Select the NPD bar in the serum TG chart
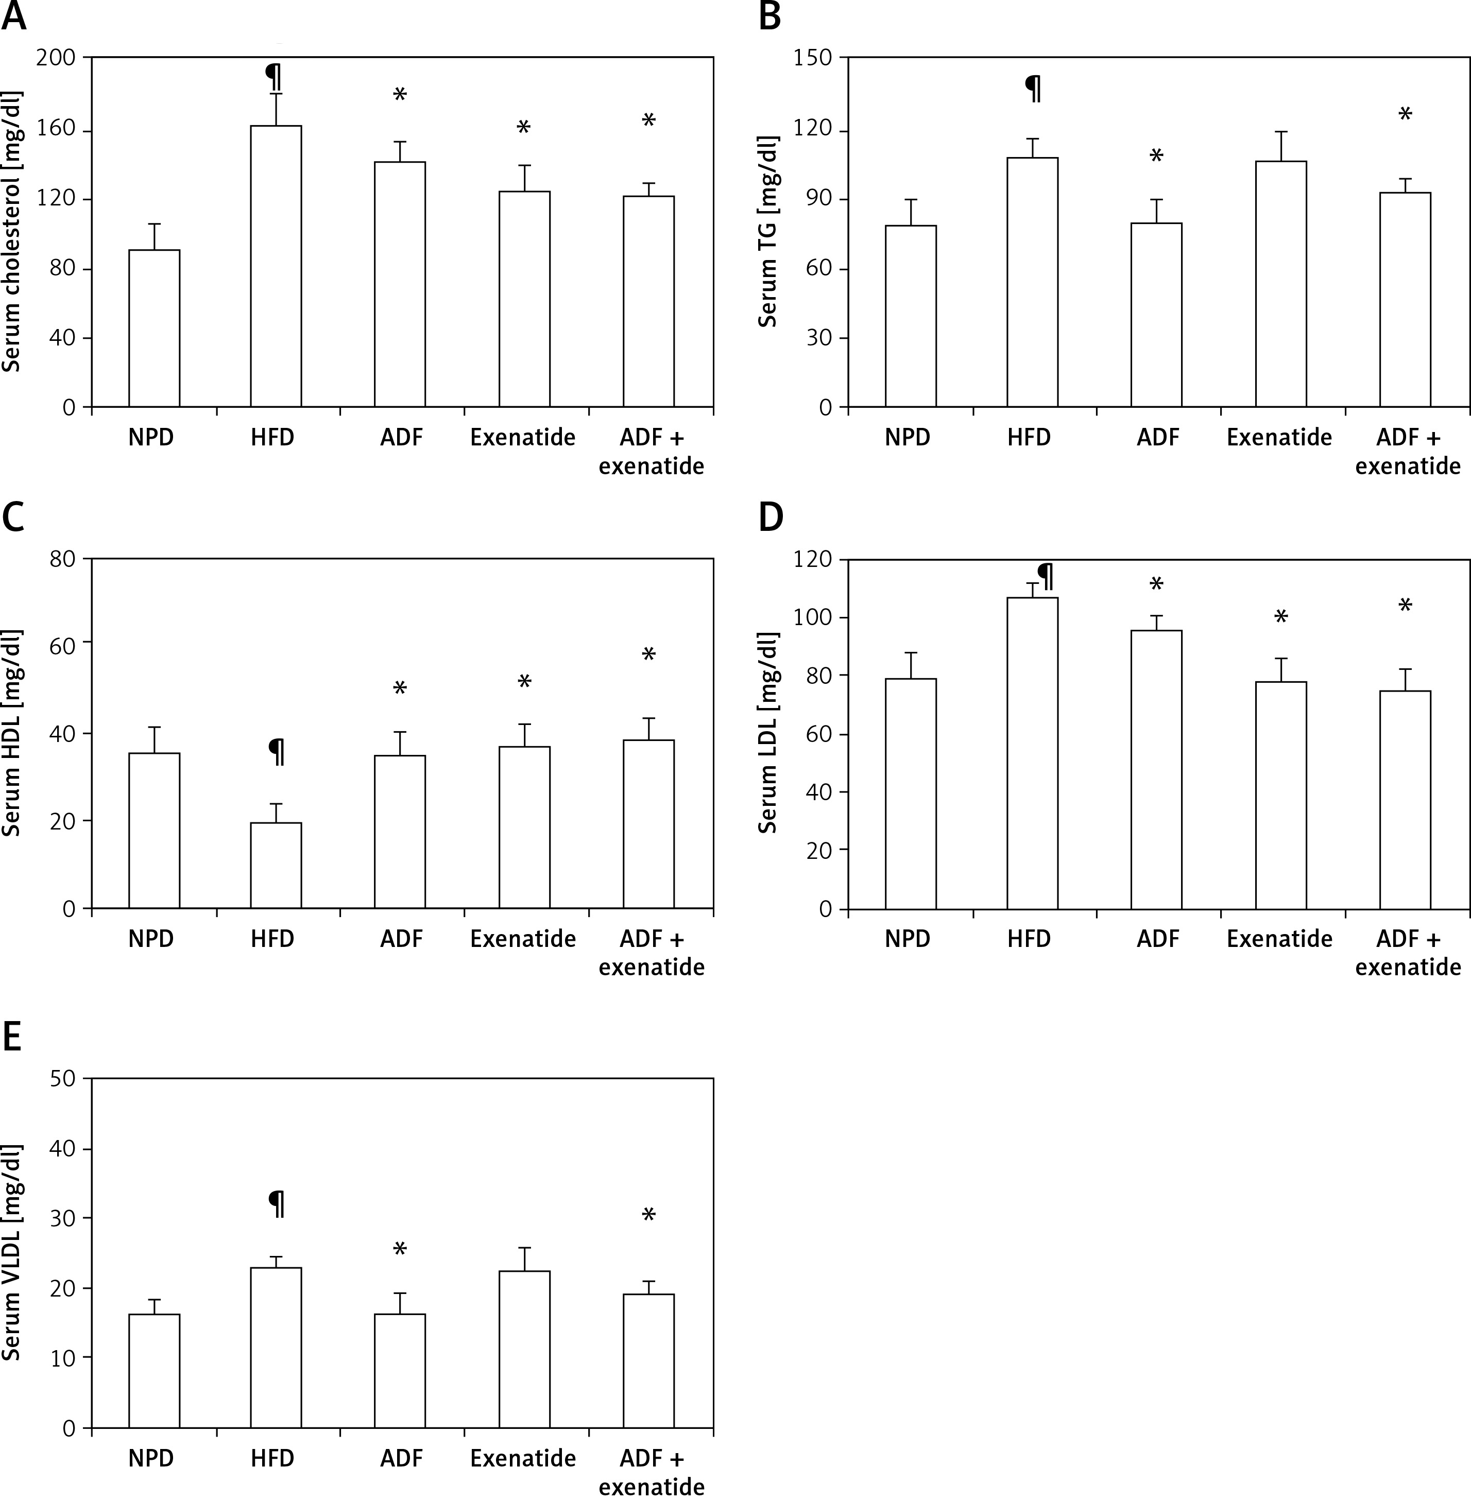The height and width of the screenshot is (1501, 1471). pos(910,316)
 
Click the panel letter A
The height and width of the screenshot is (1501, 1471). pos(14,17)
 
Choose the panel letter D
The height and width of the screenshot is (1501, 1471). pos(771,517)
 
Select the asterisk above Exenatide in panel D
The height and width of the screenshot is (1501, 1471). pos(1280,617)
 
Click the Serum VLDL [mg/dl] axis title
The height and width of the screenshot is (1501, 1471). pos(11,1251)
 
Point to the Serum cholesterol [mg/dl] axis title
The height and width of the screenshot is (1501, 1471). pos(11,232)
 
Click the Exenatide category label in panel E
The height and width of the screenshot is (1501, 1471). pos(523,1458)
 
